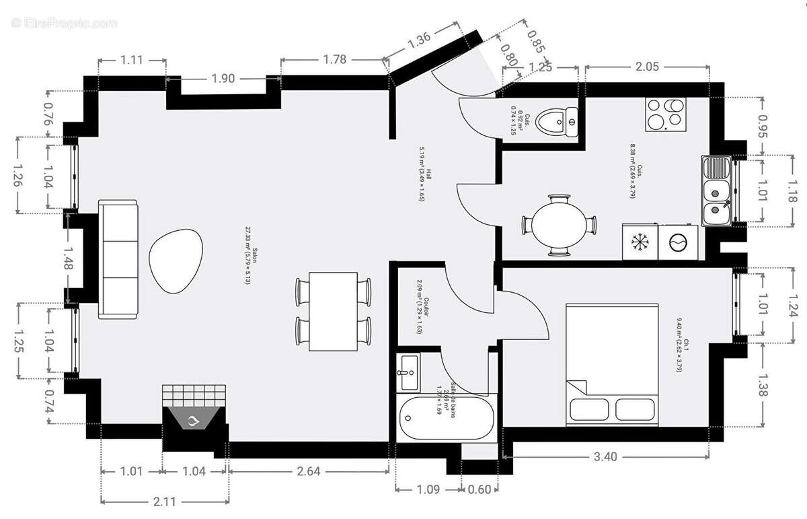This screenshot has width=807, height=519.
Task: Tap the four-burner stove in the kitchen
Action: pos(666,114)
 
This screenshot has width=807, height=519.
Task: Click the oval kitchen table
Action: pos(558,225)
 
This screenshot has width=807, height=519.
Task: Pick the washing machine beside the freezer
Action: pos(678,242)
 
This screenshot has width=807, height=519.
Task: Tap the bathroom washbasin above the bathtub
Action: pos(408,372)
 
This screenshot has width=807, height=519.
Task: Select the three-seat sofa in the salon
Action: pos(118,259)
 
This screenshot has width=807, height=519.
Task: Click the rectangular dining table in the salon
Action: pos(333,311)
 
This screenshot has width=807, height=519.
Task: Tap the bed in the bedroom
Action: pos(611,364)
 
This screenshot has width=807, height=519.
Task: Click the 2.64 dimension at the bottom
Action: pos(308,471)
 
